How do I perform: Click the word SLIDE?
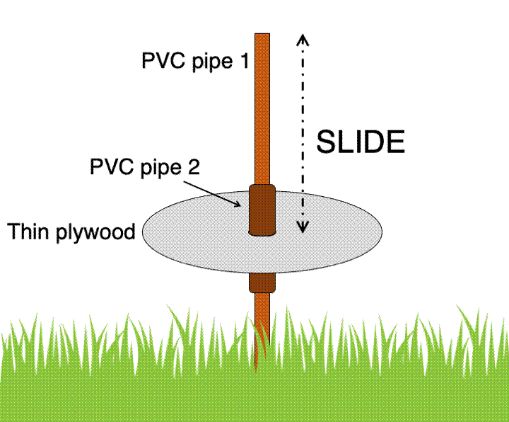360,142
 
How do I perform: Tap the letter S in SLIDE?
325,142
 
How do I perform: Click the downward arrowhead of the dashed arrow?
303,227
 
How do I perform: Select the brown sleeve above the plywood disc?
262,209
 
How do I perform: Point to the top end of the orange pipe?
262,35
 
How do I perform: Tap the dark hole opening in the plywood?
262,233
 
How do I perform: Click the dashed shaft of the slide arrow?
303,106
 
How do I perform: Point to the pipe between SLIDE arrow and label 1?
262,106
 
